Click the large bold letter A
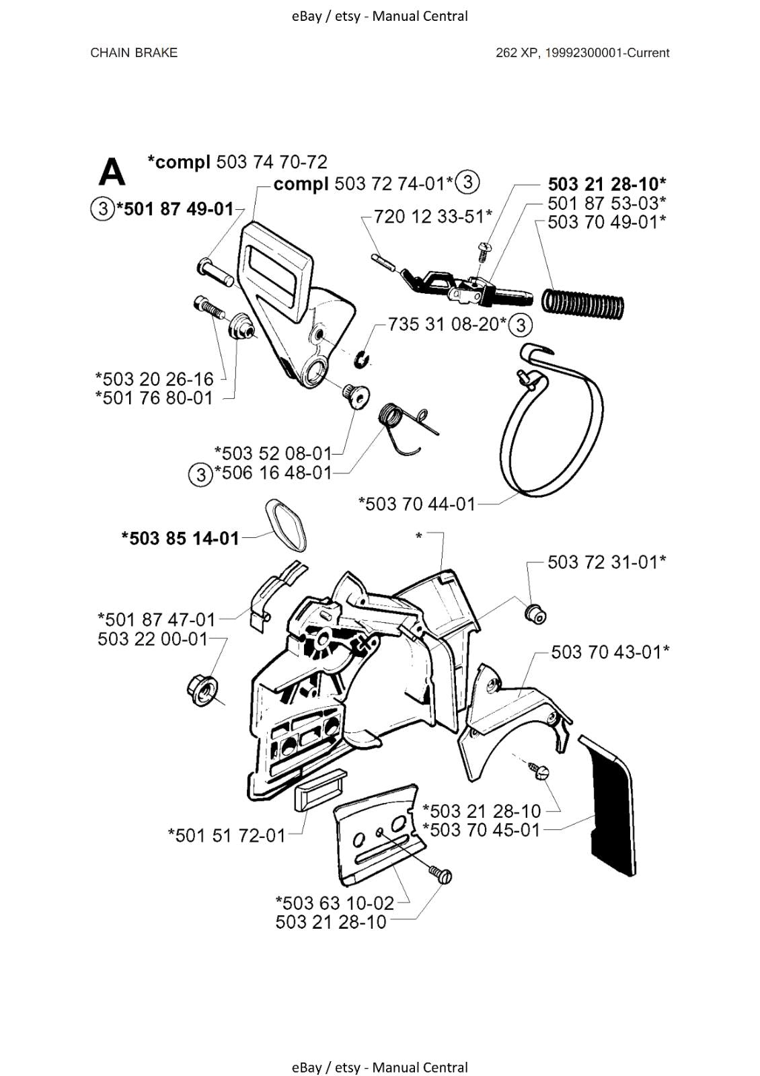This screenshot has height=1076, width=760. (112, 172)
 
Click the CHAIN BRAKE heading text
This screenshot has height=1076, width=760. (134, 53)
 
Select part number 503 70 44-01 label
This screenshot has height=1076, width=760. (417, 504)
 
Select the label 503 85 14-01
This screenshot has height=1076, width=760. (180, 538)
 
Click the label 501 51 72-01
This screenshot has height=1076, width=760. (227, 835)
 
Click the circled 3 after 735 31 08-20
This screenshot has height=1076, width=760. (520, 325)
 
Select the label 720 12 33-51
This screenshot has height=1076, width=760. (433, 217)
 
